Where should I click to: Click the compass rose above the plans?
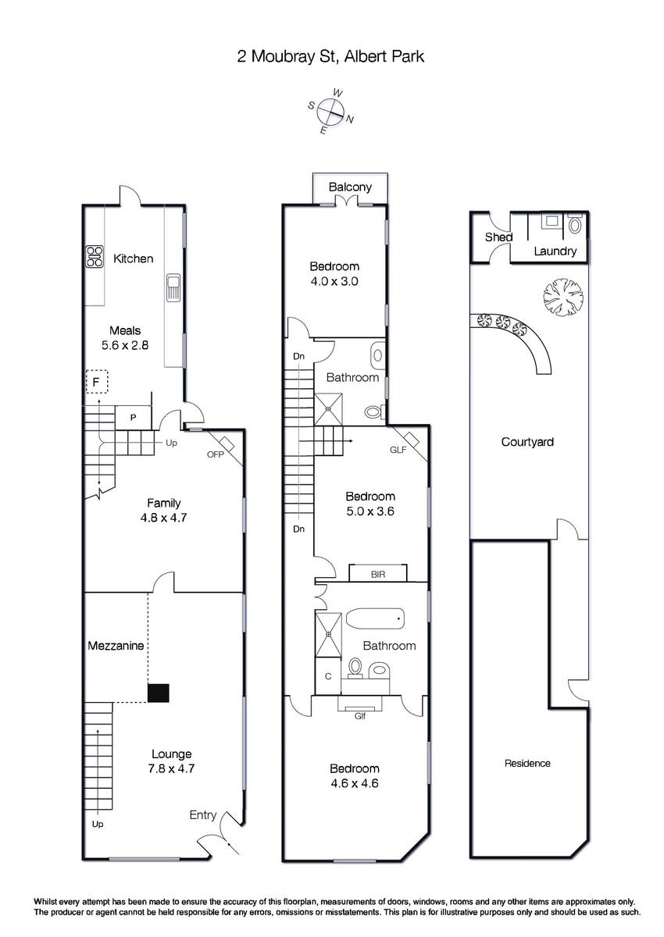click(x=331, y=112)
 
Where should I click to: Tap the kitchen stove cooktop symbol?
click(x=95, y=256)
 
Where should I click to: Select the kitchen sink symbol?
click(x=173, y=287)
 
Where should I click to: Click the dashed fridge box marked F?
click(x=97, y=382)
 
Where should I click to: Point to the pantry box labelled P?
click(x=133, y=417)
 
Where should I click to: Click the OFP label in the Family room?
click(x=216, y=454)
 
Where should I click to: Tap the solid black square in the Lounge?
click(x=158, y=693)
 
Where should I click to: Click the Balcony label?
click(x=350, y=187)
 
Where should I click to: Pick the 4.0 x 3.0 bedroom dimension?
click(x=334, y=281)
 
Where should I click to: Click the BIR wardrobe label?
click(x=378, y=575)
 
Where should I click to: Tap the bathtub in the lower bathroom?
click(x=375, y=618)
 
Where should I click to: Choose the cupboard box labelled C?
click(x=328, y=676)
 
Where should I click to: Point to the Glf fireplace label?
click(x=360, y=716)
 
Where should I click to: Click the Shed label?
click(x=498, y=237)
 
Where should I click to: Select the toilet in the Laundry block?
click(x=576, y=225)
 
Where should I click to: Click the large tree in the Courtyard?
click(x=563, y=297)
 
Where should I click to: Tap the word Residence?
click(x=527, y=764)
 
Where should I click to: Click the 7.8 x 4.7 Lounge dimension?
click(x=172, y=768)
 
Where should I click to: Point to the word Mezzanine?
click(x=116, y=646)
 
